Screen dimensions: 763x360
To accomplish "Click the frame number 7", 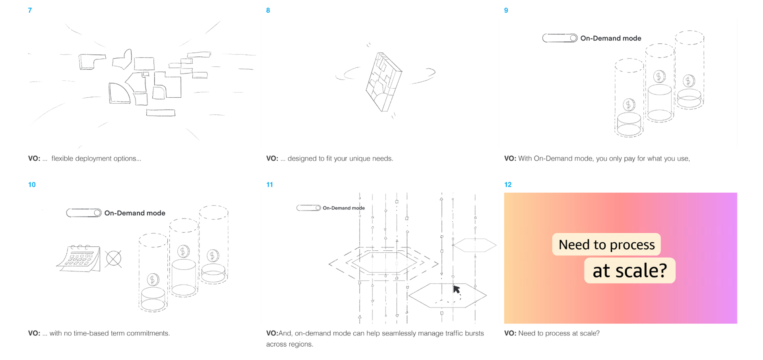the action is [x=30, y=10].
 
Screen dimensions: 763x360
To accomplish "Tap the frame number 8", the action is [x=268, y=10].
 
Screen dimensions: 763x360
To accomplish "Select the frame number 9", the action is [x=506, y=10].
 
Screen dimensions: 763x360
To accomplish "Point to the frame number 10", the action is [x=32, y=185].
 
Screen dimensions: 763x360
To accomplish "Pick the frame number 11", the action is [x=269, y=185].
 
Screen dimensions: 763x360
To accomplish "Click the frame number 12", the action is [x=508, y=185].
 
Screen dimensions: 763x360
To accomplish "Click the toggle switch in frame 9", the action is [x=560, y=38].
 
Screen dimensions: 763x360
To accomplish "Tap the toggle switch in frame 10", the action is [x=83, y=213].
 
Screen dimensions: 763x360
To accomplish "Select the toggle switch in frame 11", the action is [x=308, y=208].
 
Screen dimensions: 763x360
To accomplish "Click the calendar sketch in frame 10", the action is [x=79, y=259].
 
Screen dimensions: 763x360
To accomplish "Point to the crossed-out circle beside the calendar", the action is [x=114, y=259].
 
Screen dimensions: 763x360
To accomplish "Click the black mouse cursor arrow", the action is [x=457, y=289].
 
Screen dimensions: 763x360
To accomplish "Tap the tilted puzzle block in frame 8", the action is [x=383, y=82].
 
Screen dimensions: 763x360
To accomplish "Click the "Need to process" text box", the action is [x=606, y=244].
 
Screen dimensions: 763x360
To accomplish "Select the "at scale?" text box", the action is [x=629, y=271].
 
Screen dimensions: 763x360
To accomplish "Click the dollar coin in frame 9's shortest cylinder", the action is [x=628, y=105].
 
